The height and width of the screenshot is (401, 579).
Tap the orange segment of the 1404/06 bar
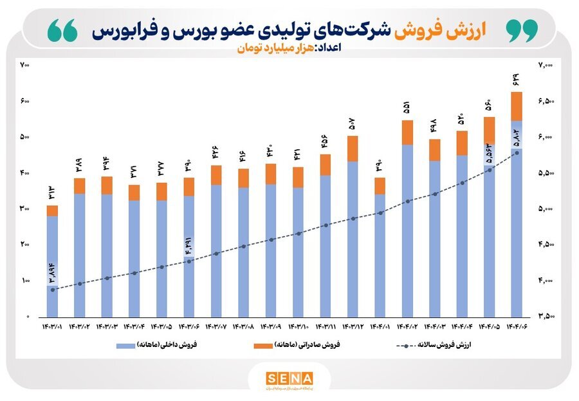(x=516, y=106)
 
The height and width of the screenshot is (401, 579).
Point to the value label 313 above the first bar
(x=52, y=192)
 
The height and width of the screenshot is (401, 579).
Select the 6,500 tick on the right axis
(x=546, y=101)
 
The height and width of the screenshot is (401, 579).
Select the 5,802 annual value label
(x=516, y=137)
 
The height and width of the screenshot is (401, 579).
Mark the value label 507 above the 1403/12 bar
(x=351, y=122)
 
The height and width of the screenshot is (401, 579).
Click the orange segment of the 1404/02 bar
(x=407, y=132)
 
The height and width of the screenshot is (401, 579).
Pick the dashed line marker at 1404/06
(x=516, y=153)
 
